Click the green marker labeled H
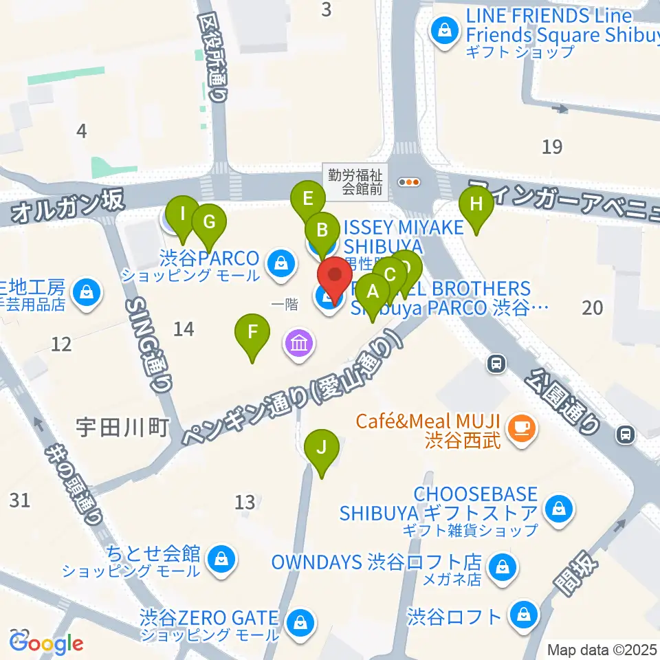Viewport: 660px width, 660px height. pyautogui.click(x=476, y=205)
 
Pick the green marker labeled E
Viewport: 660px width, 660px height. pyautogui.click(x=307, y=200)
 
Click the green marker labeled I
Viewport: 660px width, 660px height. pyautogui.click(x=182, y=214)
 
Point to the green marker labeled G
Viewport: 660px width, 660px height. pyautogui.click(x=209, y=223)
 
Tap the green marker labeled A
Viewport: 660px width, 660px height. pyautogui.click(x=373, y=291)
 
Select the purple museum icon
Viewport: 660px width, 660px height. pyautogui.click(x=298, y=342)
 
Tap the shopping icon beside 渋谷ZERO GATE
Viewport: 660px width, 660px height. pyautogui.click(x=300, y=622)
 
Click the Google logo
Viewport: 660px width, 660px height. pyautogui.click(x=47, y=643)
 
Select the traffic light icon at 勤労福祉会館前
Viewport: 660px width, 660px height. pyautogui.click(x=410, y=182)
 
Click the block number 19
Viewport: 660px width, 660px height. pyautogui.click(x=552, y=146)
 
